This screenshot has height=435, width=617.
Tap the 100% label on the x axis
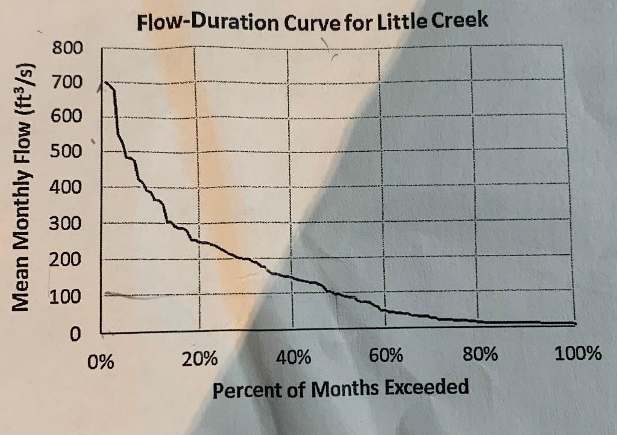[x=578, y=353]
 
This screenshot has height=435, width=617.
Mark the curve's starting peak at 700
[x=105, y=83]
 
